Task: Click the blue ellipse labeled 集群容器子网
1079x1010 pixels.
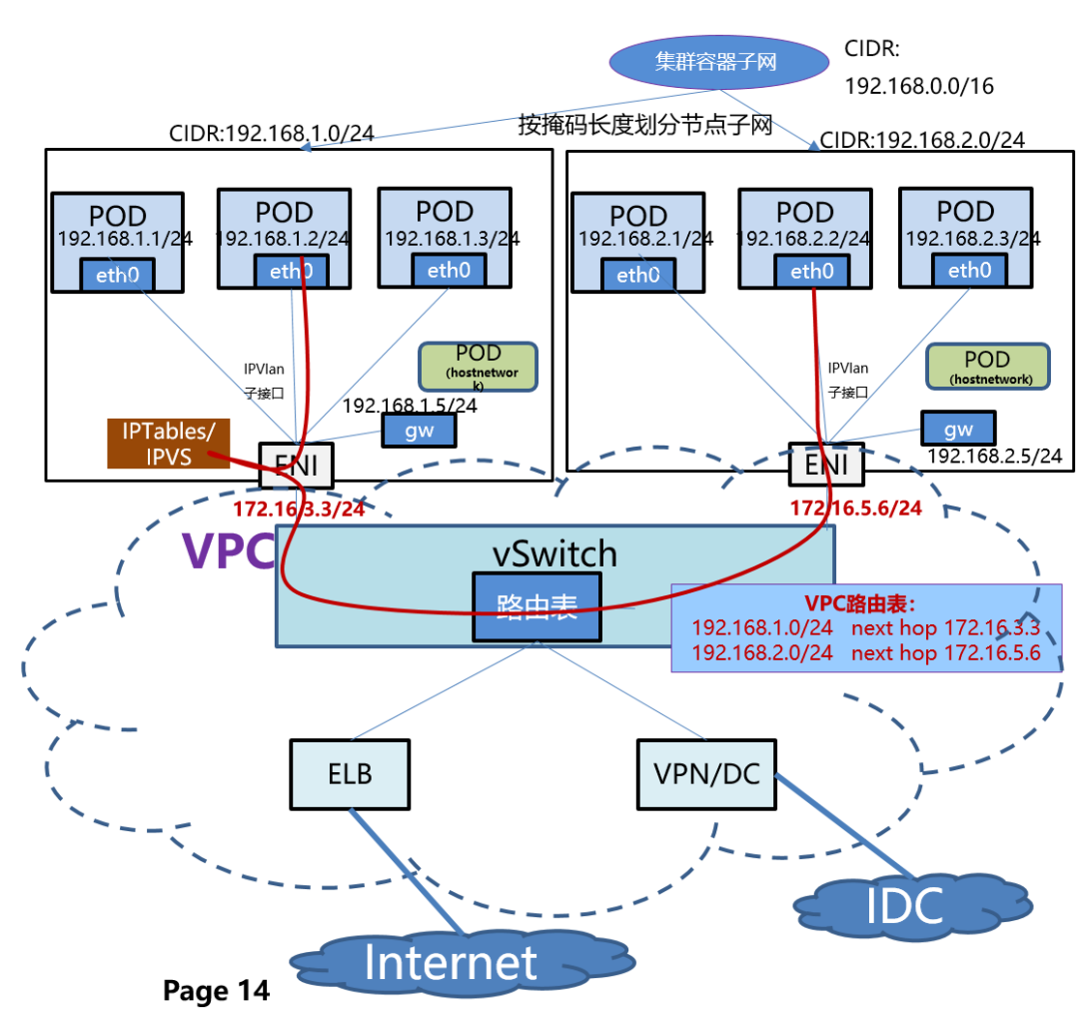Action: click(x=715, y=62)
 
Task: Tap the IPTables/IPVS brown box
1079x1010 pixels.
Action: click(x=168, y=443)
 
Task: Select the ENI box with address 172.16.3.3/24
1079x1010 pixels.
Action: click(x=296, y=465)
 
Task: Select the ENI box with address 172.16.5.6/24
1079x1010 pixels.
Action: click(x=825, y=465)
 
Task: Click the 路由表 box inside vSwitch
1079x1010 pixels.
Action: click(x=537, y=607)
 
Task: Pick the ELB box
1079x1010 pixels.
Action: click(x=349, y=774)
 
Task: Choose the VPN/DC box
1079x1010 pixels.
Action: click(x=705, y=774)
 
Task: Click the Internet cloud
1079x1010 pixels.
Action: click(x=451, y=962)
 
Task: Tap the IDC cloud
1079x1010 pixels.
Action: click(x=903, y=905)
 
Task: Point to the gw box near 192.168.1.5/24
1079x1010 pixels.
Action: click(x=419, y=431)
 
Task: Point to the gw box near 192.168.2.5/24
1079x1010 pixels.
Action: click(x=957, y=429)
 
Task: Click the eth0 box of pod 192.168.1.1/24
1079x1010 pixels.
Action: click(x=117, y=274)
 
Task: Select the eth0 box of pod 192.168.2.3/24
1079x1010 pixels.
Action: click(x=966, y=271)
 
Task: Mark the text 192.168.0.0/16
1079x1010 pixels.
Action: click(x=919, y=86)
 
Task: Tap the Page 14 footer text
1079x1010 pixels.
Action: click(x=216, y=990)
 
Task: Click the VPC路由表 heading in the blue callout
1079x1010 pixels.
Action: click(x=860, y=604)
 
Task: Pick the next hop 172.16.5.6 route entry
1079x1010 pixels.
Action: click(x=866, y=653)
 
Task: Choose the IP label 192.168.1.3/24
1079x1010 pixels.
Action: click(x=452, y=239)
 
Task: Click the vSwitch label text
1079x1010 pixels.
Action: click(x=554, y=552)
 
